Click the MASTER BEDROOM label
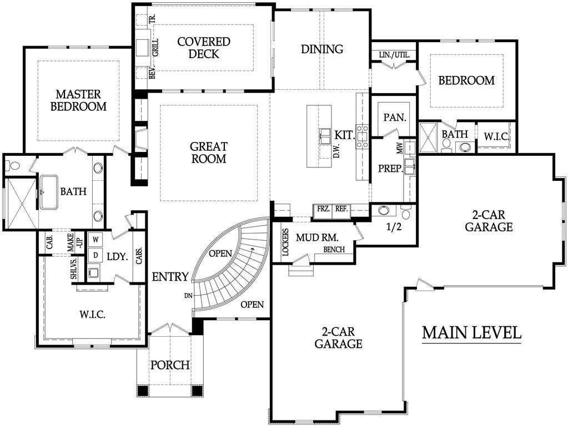[78, 100]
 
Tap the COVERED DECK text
[204, 48]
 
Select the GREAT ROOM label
[208, 153]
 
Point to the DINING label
[322, 49]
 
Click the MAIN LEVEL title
[471, 333]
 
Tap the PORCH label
[170, 366]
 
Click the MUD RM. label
[314, 238]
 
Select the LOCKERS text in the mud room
[285, 241]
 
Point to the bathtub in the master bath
[48, 192]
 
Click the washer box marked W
[95, 240]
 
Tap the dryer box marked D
[95, 255]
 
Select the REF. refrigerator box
[341, 209]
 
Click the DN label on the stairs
[188, 296]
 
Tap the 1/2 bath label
[393, 226]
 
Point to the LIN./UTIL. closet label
[394, 55]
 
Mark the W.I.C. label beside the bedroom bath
[495, 136]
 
